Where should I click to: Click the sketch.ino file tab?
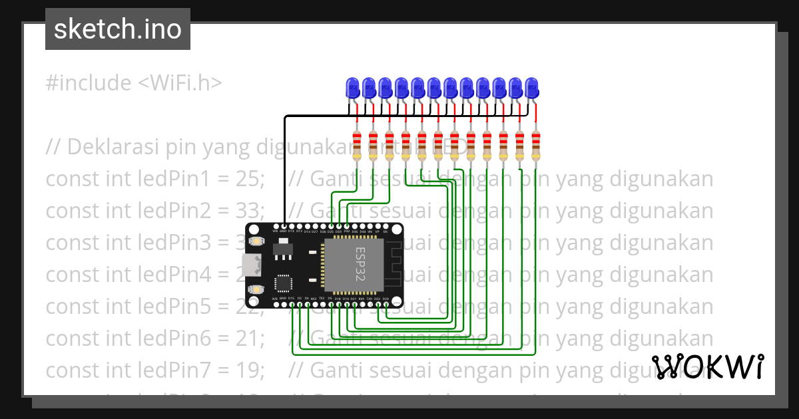coord(117,29)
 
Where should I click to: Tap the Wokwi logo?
coord(707,366)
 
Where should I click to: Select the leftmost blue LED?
coord(353,87)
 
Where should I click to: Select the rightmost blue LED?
coord(531,87)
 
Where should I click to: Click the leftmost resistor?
coord(357,146)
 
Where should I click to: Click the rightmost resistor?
coord(536,146)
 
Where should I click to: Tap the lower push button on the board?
coord(256,289)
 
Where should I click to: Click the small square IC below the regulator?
coord(283,283)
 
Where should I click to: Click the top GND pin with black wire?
coord(284,227)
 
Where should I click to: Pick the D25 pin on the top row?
coord(331,227)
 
